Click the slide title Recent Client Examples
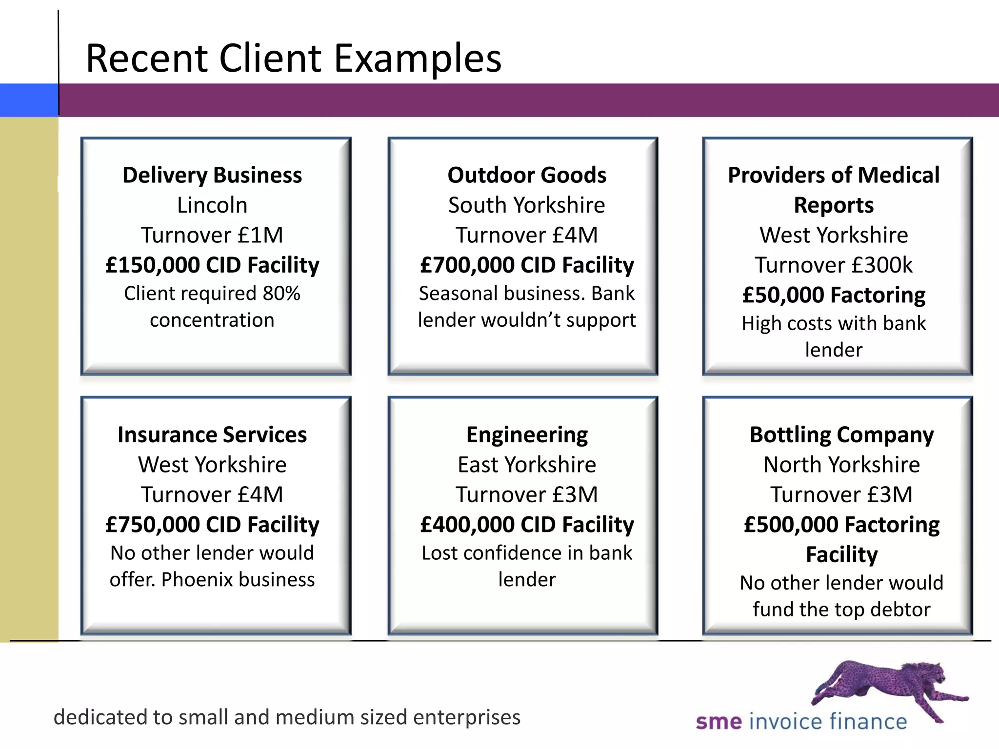click(x=293, y=58)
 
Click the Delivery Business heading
click(x=212, y=175)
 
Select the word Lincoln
click(x=212, y=205)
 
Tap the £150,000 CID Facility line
click(x=212, y=265)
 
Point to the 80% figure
click(x=281, y=294)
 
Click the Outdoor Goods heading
click(x=527, y=175)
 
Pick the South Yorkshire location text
click(x=527, y=205)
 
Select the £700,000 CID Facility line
click(x=527, y=265)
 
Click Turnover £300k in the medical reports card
click(x=834, y=265)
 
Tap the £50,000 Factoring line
click(x=834, y=295)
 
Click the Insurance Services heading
click(x=212, y=434)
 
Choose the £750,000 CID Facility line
click(x=212, y=524)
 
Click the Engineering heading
click(x=527, y=434)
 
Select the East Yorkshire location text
click(x=527, y=464)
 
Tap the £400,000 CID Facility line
click(x=527, y=524)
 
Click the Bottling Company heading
click(x=841, y=434)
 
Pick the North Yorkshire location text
click(x=841, y=464)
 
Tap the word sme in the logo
click(x=719, y=722)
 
